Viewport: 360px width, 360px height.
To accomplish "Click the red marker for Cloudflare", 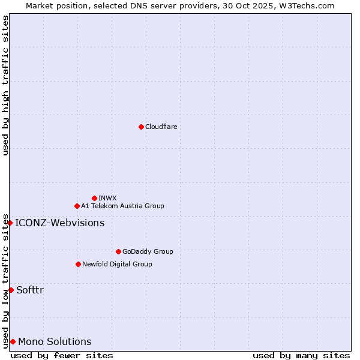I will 141,127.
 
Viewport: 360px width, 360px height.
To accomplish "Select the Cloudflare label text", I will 161,127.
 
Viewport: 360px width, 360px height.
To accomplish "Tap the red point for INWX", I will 94,198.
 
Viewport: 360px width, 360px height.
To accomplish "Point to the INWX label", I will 107,198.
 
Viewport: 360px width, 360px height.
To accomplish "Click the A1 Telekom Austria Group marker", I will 77,206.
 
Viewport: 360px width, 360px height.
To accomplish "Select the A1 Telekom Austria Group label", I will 122,206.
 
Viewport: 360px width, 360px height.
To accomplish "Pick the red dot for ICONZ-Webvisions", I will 10,223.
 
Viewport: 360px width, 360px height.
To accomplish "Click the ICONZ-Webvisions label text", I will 59,223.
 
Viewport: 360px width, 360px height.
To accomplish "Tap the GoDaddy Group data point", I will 118,251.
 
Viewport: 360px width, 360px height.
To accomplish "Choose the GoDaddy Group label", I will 148,251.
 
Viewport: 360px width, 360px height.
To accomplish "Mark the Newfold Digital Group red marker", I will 78,264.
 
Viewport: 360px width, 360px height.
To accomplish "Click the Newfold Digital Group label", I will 117,264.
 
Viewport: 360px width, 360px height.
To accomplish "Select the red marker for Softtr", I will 11,290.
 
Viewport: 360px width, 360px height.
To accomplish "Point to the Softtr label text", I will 30,290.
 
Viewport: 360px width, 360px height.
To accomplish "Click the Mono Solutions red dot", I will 13,341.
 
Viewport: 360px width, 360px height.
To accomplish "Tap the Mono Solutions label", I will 55,342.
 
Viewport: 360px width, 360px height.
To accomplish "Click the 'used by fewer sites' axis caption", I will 62,356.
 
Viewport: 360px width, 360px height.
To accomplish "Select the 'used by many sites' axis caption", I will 301,356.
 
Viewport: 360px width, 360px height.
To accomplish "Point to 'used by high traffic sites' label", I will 5,86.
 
